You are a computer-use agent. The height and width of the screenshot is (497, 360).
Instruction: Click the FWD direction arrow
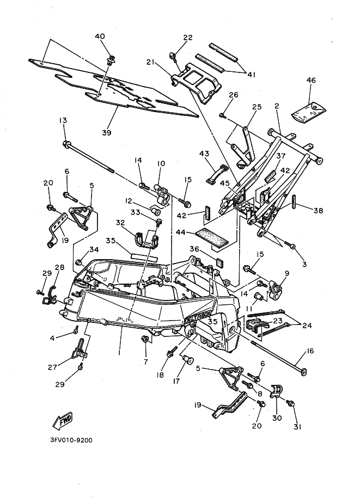point(63,420)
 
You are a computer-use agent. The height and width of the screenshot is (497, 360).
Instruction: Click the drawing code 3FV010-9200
point(71,440)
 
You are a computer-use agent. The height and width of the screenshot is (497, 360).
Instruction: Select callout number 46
point(311,80)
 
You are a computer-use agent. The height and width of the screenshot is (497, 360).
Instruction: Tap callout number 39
point(107,132)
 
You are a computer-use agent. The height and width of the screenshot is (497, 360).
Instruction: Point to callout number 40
point(100,36)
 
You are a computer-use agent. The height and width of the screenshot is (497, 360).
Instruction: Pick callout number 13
point(63,120)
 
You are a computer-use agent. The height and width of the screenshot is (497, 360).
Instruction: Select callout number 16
point(310,351)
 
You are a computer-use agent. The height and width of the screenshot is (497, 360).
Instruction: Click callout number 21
point(150,63)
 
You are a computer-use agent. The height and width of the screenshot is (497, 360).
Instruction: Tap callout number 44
point(180,232)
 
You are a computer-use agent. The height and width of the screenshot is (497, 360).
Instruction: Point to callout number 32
point(120,223)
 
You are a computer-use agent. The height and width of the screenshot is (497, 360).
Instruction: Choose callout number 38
point(318,210)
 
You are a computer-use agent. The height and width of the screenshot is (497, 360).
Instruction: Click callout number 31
point(297,427)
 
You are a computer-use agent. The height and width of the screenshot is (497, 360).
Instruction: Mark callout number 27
point(52,367)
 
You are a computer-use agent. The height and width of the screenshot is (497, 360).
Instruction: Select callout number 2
point(277,106)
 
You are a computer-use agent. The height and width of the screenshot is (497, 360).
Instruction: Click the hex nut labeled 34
point(80,262)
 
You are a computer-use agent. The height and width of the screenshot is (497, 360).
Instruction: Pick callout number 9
point(286,273)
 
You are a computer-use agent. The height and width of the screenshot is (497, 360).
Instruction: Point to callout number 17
point(176,381)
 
